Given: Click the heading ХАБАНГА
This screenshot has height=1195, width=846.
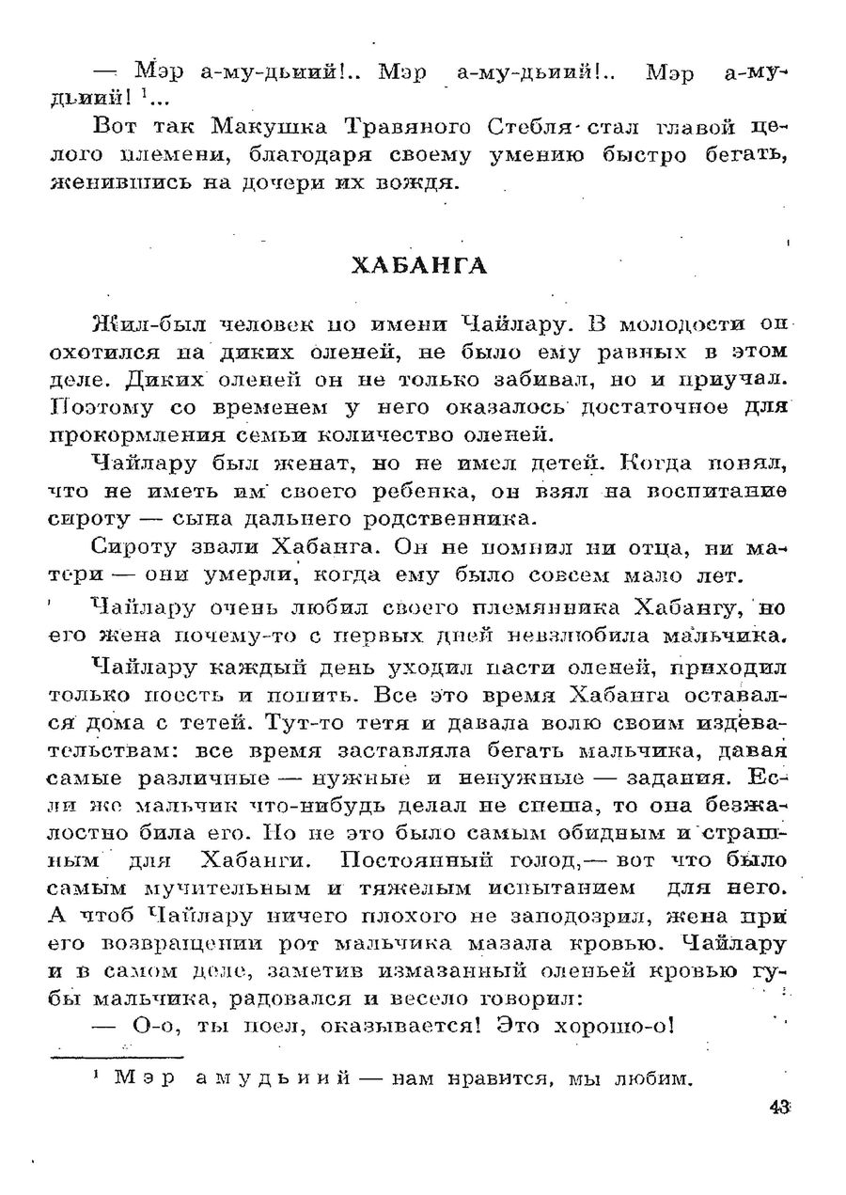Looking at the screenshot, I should (x=419, y=266).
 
